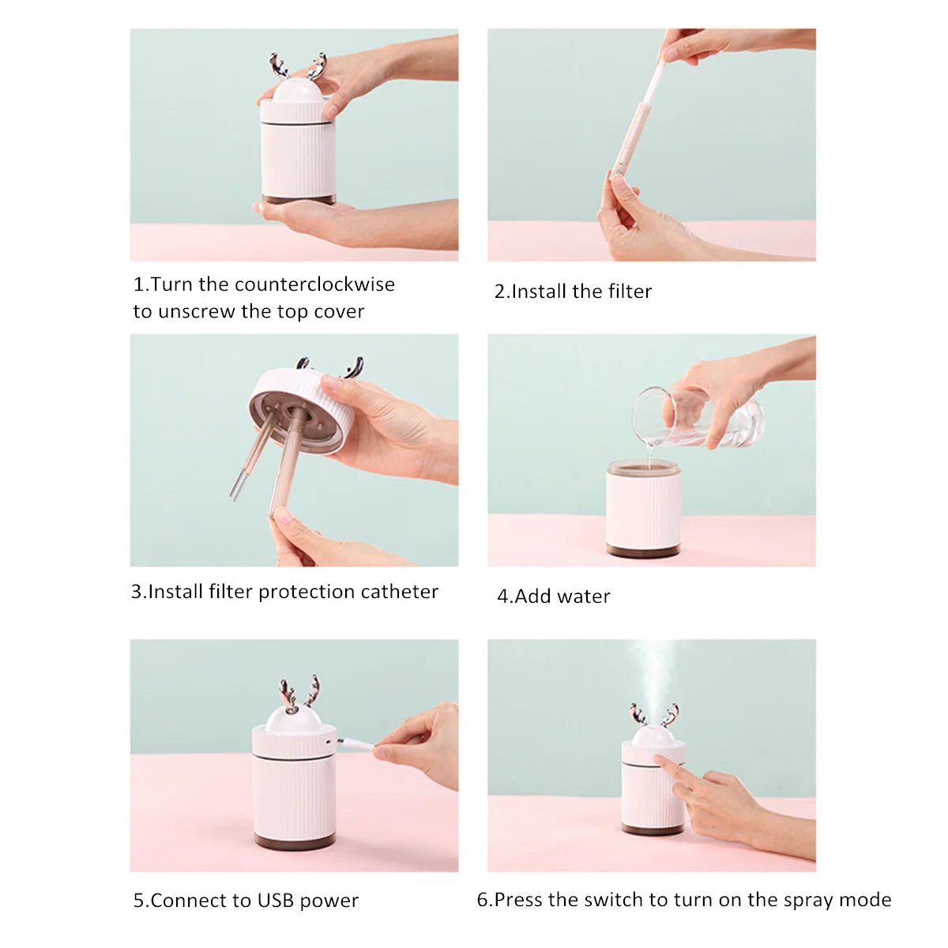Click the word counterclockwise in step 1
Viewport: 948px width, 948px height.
[314, 284]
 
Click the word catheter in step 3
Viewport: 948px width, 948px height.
[399, 592]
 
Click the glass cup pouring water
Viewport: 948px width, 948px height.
[698, 418]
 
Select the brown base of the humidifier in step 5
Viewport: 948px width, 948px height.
[294, 841]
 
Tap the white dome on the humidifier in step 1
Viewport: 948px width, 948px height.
[297, 89]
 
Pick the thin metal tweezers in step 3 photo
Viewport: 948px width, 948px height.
[251, 457]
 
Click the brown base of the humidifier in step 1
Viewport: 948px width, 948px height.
[298, 199]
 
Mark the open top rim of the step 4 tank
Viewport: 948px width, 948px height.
[644, 468]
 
